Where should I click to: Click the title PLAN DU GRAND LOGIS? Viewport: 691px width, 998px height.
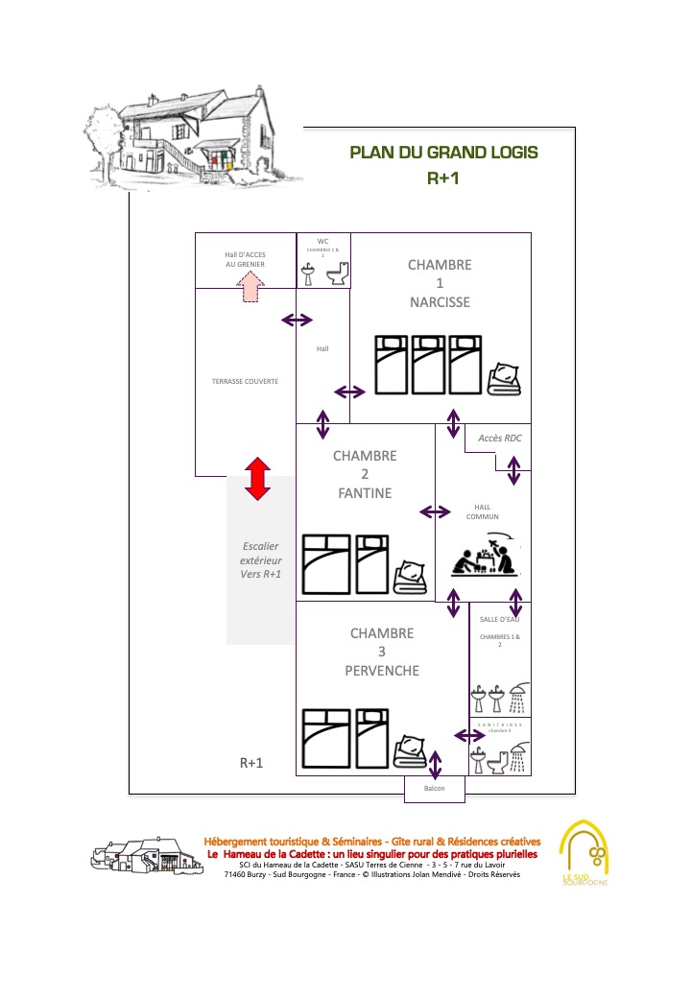[x=443, y=153]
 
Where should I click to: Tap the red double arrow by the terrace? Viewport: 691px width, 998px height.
[x=255, y=478]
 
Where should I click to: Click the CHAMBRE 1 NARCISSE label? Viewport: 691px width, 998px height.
[x=440, y=283]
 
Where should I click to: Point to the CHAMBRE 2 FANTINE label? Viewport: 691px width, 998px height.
[x=365, y=474]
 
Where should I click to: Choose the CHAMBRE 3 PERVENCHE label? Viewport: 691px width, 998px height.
[x=382, y=652]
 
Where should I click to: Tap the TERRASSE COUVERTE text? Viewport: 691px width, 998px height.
[x=245, y=381]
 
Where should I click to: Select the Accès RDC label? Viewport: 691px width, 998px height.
[x=499, y=439]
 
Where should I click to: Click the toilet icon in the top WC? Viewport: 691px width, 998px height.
[x=337, y=275]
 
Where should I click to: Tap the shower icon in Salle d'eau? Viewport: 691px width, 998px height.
[x=517, y=698]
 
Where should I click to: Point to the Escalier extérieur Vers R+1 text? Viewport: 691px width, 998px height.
[x=261, y=559]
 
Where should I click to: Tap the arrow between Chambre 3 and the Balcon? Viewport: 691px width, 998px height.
[x=435, y=765]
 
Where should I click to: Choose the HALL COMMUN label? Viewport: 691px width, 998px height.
[x=482, y=511]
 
